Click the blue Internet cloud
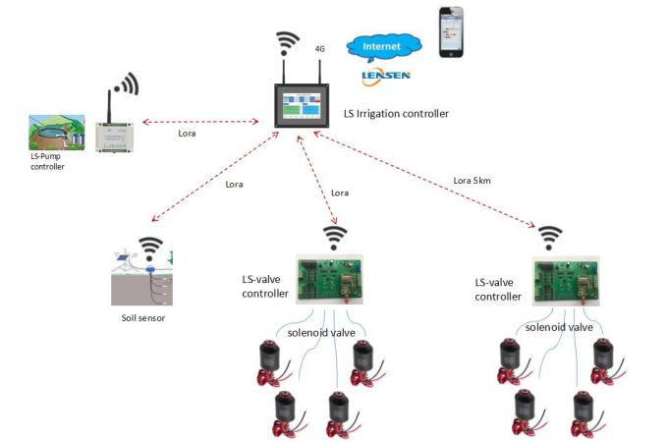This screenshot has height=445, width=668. (x=382, y=46)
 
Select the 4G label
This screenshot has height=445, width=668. (x=319, y=47)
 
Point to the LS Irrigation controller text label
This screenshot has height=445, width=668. (x=396, y=114)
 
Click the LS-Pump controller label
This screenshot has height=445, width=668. (x=47, y=162)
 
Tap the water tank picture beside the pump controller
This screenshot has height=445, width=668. (x=58, y=132)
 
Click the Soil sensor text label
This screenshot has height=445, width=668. (x=137, y=319)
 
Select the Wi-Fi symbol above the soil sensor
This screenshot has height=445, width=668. (x=149, y=246)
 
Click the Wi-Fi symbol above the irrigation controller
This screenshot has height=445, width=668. (x=288, y=44)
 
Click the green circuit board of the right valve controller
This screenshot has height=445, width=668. (x=564, y=279)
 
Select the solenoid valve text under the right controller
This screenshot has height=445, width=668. (x=556, y=327)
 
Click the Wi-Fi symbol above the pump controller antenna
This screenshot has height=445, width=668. (x=125, y=82)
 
